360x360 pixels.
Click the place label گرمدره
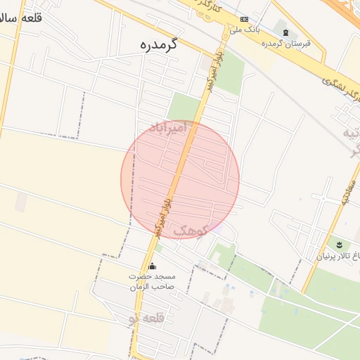(159, 45)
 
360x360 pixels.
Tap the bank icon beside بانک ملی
(244, 20)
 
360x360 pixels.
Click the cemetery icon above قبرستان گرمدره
(285, 32)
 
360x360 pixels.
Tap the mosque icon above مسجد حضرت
(153, 266)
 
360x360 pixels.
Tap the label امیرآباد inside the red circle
(170, 127)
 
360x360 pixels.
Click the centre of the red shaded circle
(180, 180)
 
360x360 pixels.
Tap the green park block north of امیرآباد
(184, 107)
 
